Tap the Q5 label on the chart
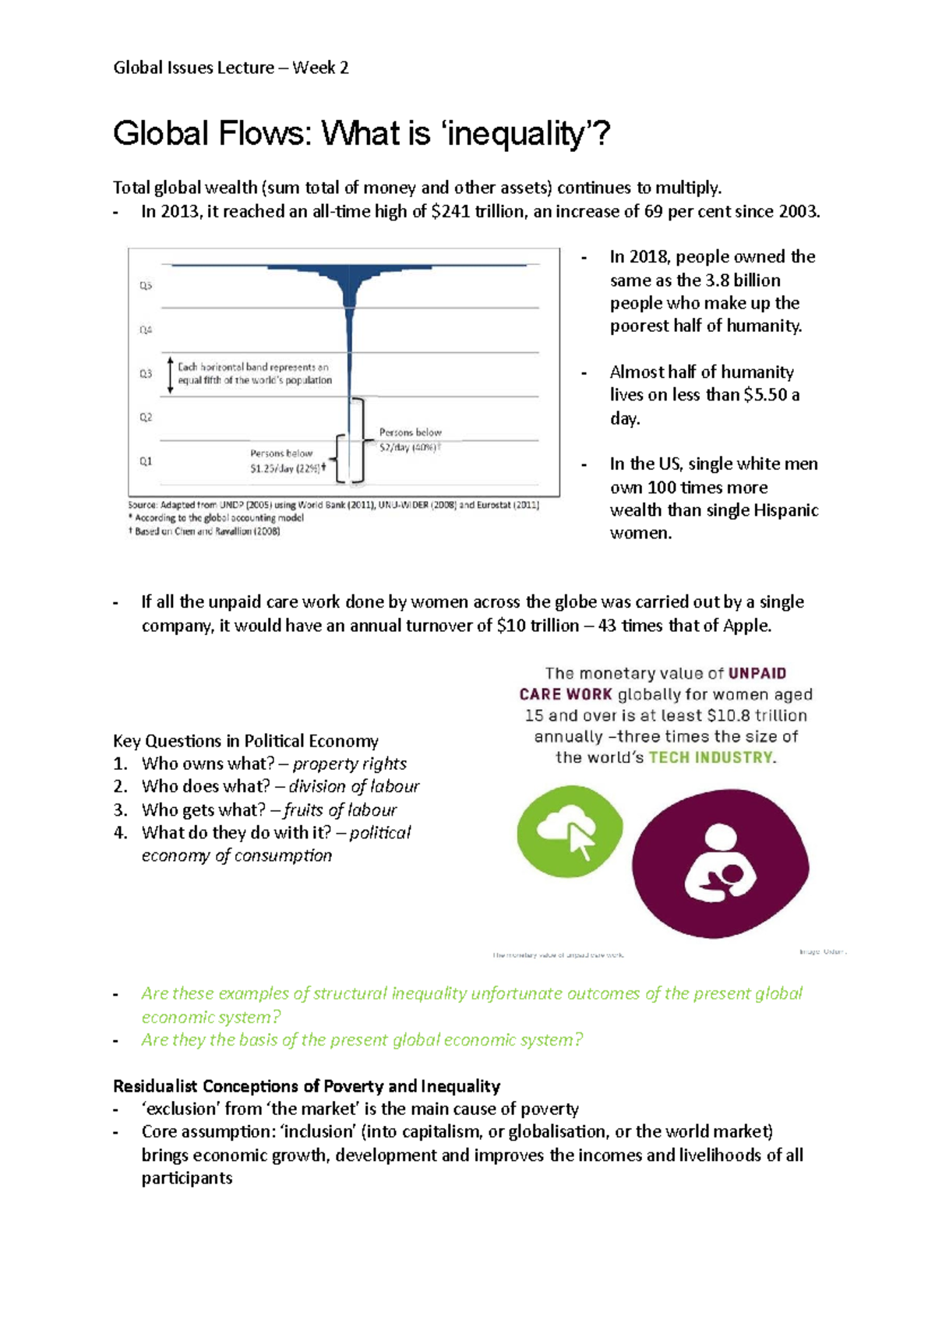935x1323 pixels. click(146, 286)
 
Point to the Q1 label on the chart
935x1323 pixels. click(146, 461)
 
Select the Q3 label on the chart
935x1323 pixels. click(146, 374)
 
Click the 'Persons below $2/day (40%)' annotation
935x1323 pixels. click(410, 439)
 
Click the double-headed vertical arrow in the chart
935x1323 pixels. click(171, 374)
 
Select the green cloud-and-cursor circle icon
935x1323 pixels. click(570, 831)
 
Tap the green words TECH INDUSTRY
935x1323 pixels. click(711, 757)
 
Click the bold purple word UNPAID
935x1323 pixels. click(757, 673)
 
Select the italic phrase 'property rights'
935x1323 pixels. click(349, 764)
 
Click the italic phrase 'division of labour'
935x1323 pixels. click(354, 786)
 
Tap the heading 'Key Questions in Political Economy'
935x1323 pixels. click(245, 741)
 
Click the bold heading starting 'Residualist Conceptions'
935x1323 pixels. click(306, 1086)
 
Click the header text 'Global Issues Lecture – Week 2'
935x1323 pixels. click(231, 68)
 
